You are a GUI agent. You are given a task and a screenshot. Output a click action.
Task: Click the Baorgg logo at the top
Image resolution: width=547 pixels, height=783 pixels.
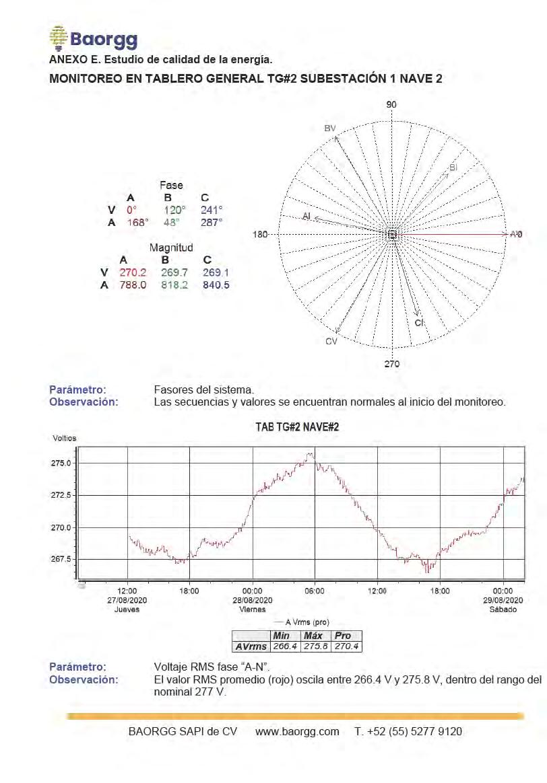pyautogui.click(x=93, y=38)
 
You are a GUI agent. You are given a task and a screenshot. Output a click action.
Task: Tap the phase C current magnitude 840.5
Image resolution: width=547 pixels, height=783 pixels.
pyautogui.click(x=216, y=285)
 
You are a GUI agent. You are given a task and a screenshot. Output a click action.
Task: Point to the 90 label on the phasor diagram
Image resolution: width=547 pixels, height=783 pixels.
pyautogui.click(x=391, y=104)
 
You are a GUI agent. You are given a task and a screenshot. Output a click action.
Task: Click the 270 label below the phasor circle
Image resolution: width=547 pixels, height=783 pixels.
pyautogui.click(x=391, y=364)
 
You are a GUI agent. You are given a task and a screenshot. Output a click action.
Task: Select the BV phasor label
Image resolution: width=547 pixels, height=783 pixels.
pyautogui.click(x=329, y=128)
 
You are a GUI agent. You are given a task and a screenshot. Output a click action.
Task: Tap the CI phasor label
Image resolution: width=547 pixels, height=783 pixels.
pyautogui.click(x=419, y=323)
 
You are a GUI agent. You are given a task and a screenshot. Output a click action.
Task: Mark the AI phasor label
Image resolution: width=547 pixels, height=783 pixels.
pyautogui.click(x=307, y=217)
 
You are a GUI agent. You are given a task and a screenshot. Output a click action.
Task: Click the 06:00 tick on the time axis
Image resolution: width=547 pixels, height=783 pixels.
pyautogui.click(x=315, y=591)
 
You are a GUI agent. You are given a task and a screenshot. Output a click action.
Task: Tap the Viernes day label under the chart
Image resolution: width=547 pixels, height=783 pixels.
pyautogui.click(x=253, y=609)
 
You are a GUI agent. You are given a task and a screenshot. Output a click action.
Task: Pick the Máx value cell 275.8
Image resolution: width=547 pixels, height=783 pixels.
pyautogui.click(x=314, y=646)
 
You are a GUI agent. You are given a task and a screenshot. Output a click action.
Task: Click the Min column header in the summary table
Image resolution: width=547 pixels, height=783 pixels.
pyautogui.click(x=282, y=636)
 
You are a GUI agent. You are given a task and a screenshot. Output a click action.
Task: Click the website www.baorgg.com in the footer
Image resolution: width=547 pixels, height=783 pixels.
pyautogui.click(x=297, y=731)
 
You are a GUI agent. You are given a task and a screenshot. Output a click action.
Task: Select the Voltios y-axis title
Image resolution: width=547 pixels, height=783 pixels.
pyautogui.click(x=65, y=438)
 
